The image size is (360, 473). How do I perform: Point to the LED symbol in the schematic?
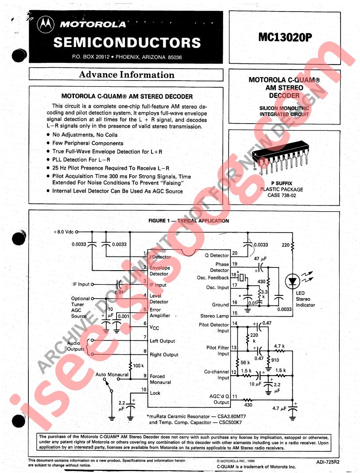(x=293, y=280)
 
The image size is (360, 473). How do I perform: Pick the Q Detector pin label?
(x=217, y=256)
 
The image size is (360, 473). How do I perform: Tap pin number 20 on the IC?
(x=234, y=253)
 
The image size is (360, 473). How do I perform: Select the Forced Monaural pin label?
(x=160, y=379)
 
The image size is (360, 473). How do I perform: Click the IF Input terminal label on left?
(x=81, y=284)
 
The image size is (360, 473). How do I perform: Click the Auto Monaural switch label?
(x=112, y=375)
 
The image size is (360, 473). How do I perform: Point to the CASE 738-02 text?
(x=281, y=195)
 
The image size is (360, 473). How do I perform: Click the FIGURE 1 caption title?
(x=188, y=221)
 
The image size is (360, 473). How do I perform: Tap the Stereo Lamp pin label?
(x=215, y=316)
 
